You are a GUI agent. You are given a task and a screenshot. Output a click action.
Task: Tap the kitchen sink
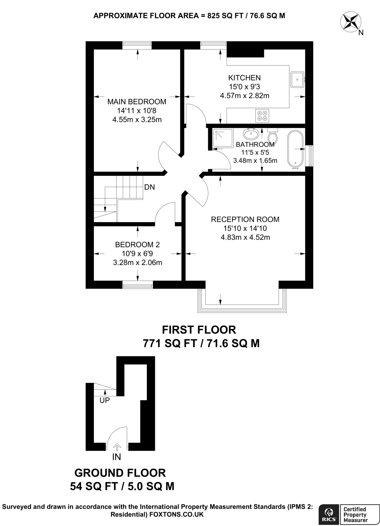pos(297,80)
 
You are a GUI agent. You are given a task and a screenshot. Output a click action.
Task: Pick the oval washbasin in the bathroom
pos(251,134)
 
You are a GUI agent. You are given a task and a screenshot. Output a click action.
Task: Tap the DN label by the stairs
pos(150,187)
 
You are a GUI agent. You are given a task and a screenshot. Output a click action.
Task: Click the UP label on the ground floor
pos(105,400)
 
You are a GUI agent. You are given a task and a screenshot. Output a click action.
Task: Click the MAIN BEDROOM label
pos(137,102)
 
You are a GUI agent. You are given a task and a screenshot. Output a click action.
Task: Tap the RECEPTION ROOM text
pos(245,219)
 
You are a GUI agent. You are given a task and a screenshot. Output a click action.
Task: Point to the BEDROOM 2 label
pos(137,245)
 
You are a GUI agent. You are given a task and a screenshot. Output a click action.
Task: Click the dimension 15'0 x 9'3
pos(244,87)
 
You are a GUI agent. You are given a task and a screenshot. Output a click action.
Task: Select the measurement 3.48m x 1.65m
pos(255,161)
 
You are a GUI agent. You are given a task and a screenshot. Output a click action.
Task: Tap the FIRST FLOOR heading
pos(199,330)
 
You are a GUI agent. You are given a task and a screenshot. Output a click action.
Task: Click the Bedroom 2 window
pos(137,285)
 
